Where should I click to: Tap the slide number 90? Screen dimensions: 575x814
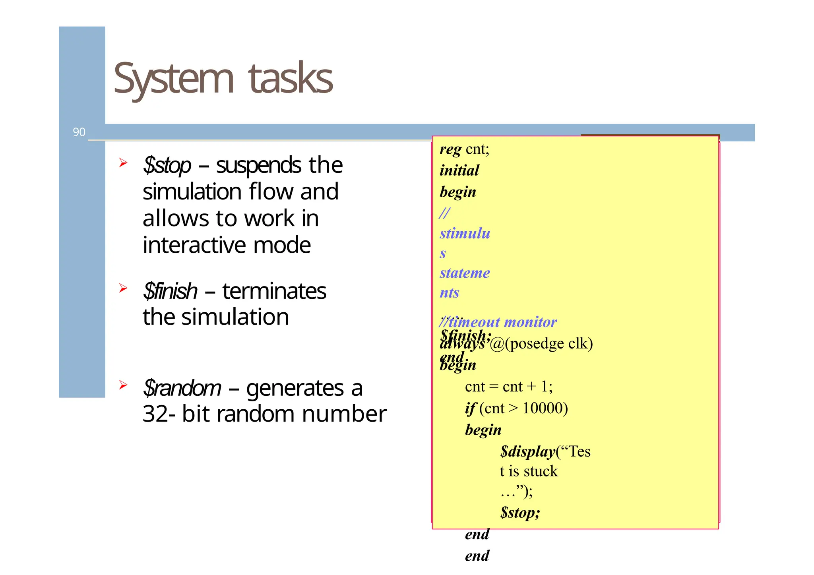(79, 132)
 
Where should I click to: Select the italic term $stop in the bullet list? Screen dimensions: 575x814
(167, 165)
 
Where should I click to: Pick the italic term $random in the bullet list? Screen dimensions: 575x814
(182, 388)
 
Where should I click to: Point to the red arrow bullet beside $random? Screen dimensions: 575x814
(123, 385)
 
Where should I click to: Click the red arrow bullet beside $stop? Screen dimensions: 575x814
(123, 163)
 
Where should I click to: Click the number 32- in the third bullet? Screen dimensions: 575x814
(159, 414)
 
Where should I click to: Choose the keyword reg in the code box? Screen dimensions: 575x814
(450, 149)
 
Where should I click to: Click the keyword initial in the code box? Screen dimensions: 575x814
(459, 170)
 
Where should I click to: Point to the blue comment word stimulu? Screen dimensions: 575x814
(465, 233)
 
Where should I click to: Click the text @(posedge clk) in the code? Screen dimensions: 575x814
(541, 344)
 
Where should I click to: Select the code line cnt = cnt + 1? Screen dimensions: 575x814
(509, 387)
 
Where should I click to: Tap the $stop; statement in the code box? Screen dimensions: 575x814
(520, 513)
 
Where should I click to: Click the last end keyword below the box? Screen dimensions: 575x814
(477, 556)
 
